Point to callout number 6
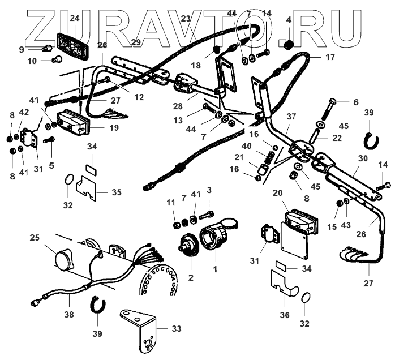tap(355, 102)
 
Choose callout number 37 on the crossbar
tap(291, 116)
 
